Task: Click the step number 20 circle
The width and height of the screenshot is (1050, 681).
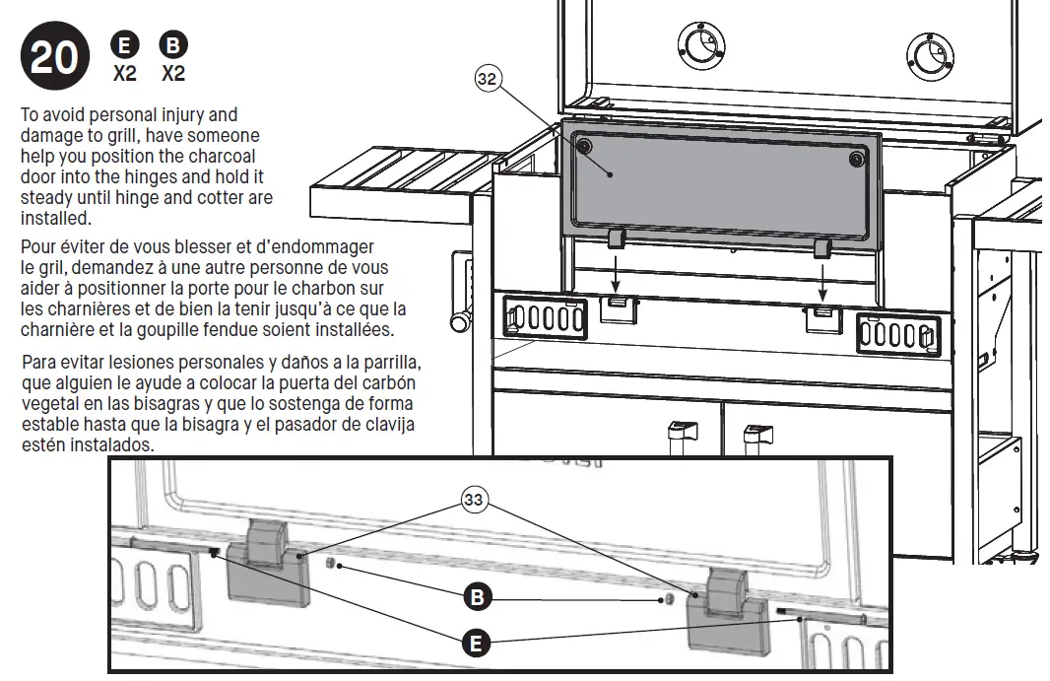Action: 53,58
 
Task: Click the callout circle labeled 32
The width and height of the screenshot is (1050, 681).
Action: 488,80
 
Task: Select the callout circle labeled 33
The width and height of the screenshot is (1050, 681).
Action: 475,501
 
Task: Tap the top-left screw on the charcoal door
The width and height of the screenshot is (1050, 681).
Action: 584,147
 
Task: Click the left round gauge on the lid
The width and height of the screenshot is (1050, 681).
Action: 701,44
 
